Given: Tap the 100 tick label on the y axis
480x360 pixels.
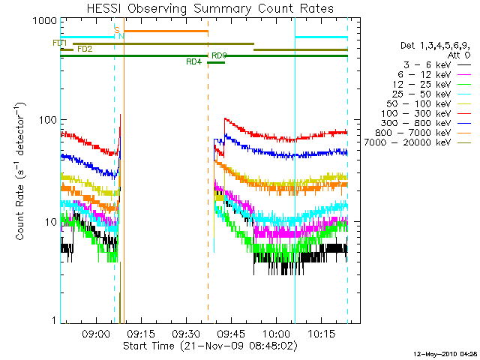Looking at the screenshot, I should (x=46, y=120).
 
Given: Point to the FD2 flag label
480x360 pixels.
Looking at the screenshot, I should (x=85, y=49).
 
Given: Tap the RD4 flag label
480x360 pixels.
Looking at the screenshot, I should (x=193, y=62).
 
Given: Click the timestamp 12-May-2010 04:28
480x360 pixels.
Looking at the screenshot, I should (x=445, y=353).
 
